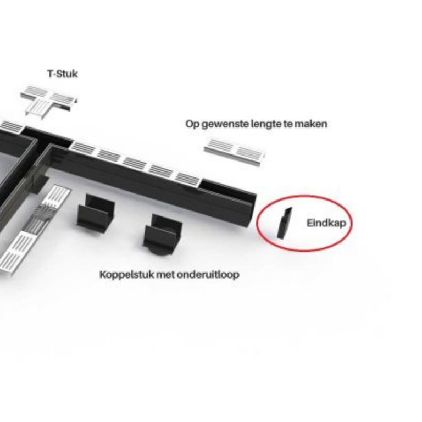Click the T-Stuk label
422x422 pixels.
[x=63, y=74]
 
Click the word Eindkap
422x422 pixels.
[x=326, y=223]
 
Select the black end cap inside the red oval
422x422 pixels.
[x=284, y=223]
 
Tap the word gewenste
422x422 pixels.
[x=225, y=124]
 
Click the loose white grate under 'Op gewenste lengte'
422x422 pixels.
[x=235, y=152]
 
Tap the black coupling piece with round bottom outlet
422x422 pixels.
[x=163, y=234]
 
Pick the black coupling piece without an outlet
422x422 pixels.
[x=96, y=213]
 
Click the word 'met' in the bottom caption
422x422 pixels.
[x=165, y=275]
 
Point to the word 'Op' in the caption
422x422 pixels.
[x=192, y=124]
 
